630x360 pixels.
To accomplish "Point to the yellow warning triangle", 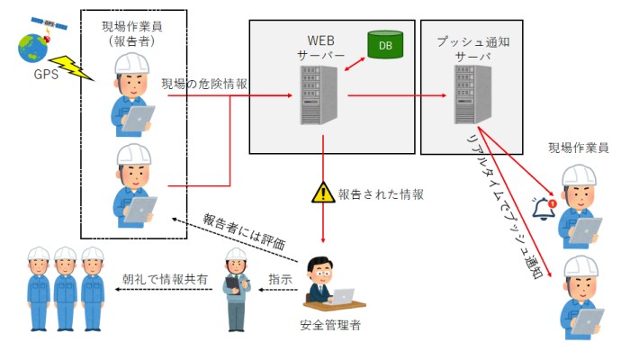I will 321,193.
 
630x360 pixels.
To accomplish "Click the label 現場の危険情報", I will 205,83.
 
